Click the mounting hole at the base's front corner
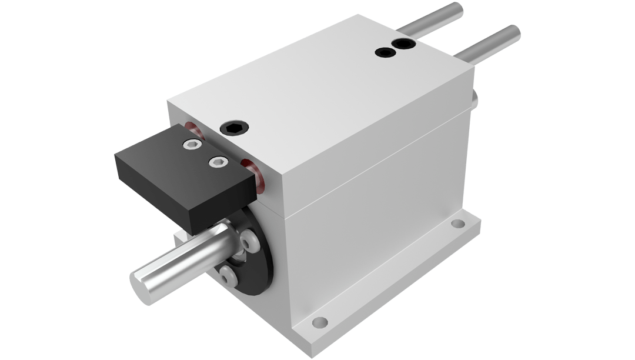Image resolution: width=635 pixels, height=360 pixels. click(x=320, y=322)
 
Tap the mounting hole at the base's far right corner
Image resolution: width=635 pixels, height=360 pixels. click(x=456, y=224)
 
